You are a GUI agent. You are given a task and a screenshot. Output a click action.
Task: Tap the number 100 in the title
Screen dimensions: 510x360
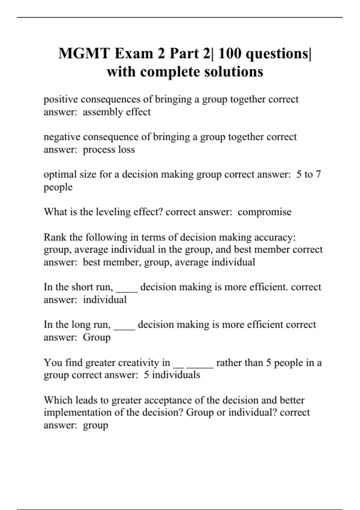point(229,54)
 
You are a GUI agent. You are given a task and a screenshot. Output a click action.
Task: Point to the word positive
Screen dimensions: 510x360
point(61,99)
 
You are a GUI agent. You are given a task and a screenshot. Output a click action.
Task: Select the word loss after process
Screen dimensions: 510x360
point(126,149)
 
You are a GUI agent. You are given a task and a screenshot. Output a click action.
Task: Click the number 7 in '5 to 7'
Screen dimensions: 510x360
point(318,174)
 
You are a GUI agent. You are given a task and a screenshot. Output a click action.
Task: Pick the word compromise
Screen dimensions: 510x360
point(264,212)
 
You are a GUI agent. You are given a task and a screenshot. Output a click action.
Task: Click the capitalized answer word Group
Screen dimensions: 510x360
point(97,337)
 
